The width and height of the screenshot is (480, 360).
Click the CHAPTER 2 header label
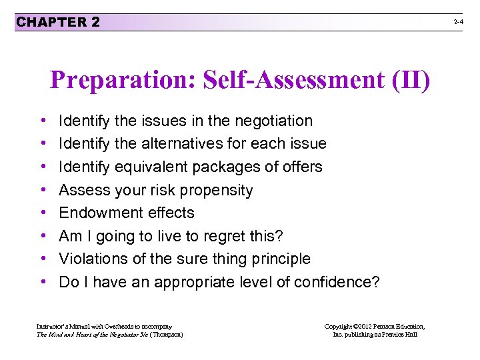tap(58, 22)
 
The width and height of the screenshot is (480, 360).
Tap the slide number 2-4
tap(459, 23)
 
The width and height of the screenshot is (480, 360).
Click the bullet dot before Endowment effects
tap(43, 213)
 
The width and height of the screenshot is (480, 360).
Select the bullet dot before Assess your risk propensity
tap(43, 190)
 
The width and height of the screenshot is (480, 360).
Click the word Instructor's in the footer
tap(51, 326)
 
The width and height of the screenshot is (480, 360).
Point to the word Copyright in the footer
tap(339, 326)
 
